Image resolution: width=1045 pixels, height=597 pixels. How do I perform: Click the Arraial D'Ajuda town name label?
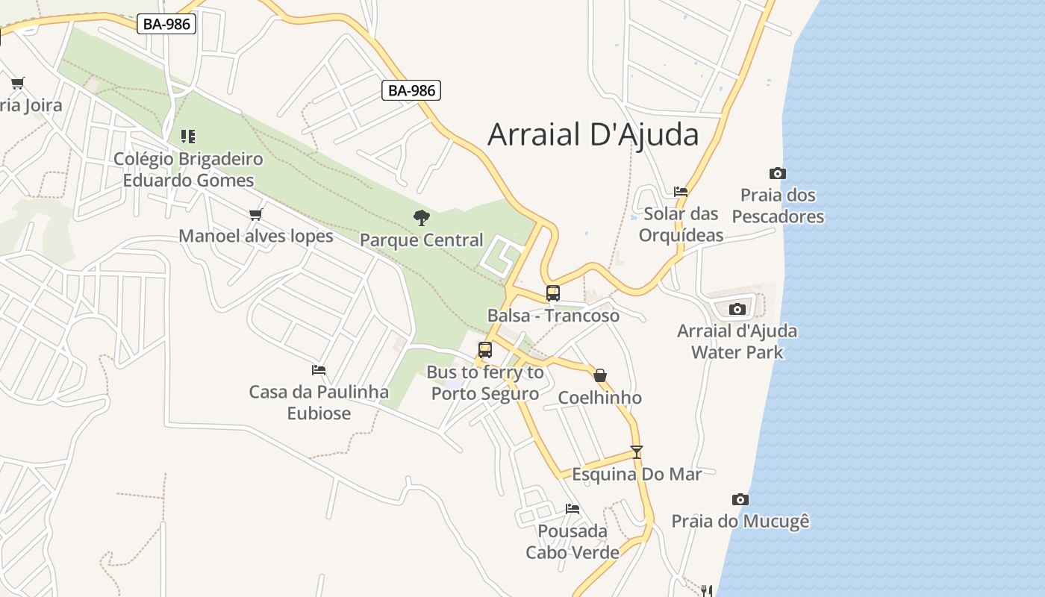593,135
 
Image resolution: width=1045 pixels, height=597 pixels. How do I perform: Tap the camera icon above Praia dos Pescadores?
777,173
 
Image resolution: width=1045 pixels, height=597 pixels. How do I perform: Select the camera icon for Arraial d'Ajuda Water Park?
737,309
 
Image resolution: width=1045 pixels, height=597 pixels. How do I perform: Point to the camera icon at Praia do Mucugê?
740,499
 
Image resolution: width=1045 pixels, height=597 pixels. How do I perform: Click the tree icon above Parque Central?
422,218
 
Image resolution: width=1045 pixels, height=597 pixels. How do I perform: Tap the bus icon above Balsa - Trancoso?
552,293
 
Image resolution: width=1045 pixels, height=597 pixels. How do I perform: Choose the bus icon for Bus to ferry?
485,349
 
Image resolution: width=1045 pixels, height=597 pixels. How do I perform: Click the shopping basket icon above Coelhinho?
600,375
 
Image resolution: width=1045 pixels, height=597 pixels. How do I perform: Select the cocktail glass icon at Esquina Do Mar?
636,451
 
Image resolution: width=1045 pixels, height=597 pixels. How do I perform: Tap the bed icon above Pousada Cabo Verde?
573,509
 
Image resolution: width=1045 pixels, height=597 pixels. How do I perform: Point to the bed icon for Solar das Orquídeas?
681,192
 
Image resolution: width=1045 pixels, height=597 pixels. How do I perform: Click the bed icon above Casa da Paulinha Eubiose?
319,369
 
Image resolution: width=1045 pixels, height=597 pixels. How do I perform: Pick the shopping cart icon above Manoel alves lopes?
256,215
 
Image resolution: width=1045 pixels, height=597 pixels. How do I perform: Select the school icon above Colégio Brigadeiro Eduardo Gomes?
188,136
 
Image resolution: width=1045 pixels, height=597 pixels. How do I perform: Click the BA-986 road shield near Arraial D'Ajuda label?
411,91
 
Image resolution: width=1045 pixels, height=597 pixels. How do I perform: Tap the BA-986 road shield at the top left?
166,24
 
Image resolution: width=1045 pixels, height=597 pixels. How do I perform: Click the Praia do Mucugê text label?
740,521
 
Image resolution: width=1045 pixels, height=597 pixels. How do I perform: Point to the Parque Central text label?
422,240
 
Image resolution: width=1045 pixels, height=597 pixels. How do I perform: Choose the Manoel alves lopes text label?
256,237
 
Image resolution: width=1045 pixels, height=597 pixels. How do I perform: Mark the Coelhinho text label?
600,398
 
